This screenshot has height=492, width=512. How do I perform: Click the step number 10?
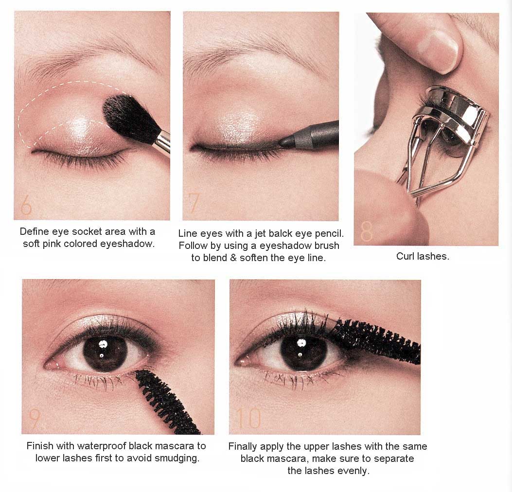pyautogui.click(x=248, y=419)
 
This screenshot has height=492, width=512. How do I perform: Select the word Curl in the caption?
pyautogui.click(x=405, y=256)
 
